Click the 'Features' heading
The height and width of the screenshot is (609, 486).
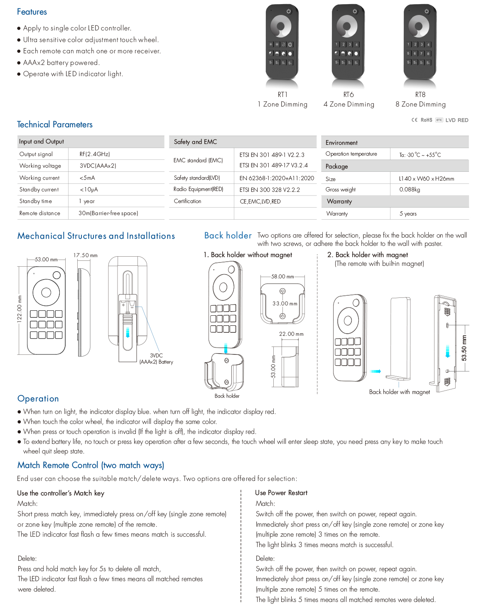click(x=32, y=12)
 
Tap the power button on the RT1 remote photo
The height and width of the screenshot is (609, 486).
click(x=289, y=11)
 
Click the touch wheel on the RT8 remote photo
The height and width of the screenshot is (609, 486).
click(x=419, y=26)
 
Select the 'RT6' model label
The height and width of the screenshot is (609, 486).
click(x=349, y=94)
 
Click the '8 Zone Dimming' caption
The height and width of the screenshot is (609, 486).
click(x=420, y=104)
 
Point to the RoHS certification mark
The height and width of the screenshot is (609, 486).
click(x=426, y=120)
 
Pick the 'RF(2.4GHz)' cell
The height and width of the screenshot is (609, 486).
click(x=95, y=154)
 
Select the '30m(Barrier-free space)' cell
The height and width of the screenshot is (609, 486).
click(x=108, y=213)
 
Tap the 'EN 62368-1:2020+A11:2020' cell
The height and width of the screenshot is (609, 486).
click(x=277, y=178)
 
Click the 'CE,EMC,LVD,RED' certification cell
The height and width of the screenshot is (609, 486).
click(x=260, y=201)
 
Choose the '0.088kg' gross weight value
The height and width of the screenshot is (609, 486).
click(x=410, y=189)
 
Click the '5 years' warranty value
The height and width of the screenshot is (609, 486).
click(x=408, y=213)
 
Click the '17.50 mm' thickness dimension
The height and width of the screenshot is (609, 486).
click(x=85, y=255)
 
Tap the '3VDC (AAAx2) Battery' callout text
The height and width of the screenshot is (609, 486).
click(x=156, y=359)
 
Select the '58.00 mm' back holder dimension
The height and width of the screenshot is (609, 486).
click(x=282, y=276)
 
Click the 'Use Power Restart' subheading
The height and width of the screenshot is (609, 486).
click(x=281, y=493)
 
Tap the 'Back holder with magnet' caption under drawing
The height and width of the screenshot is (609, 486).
click(x=399, y=392)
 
